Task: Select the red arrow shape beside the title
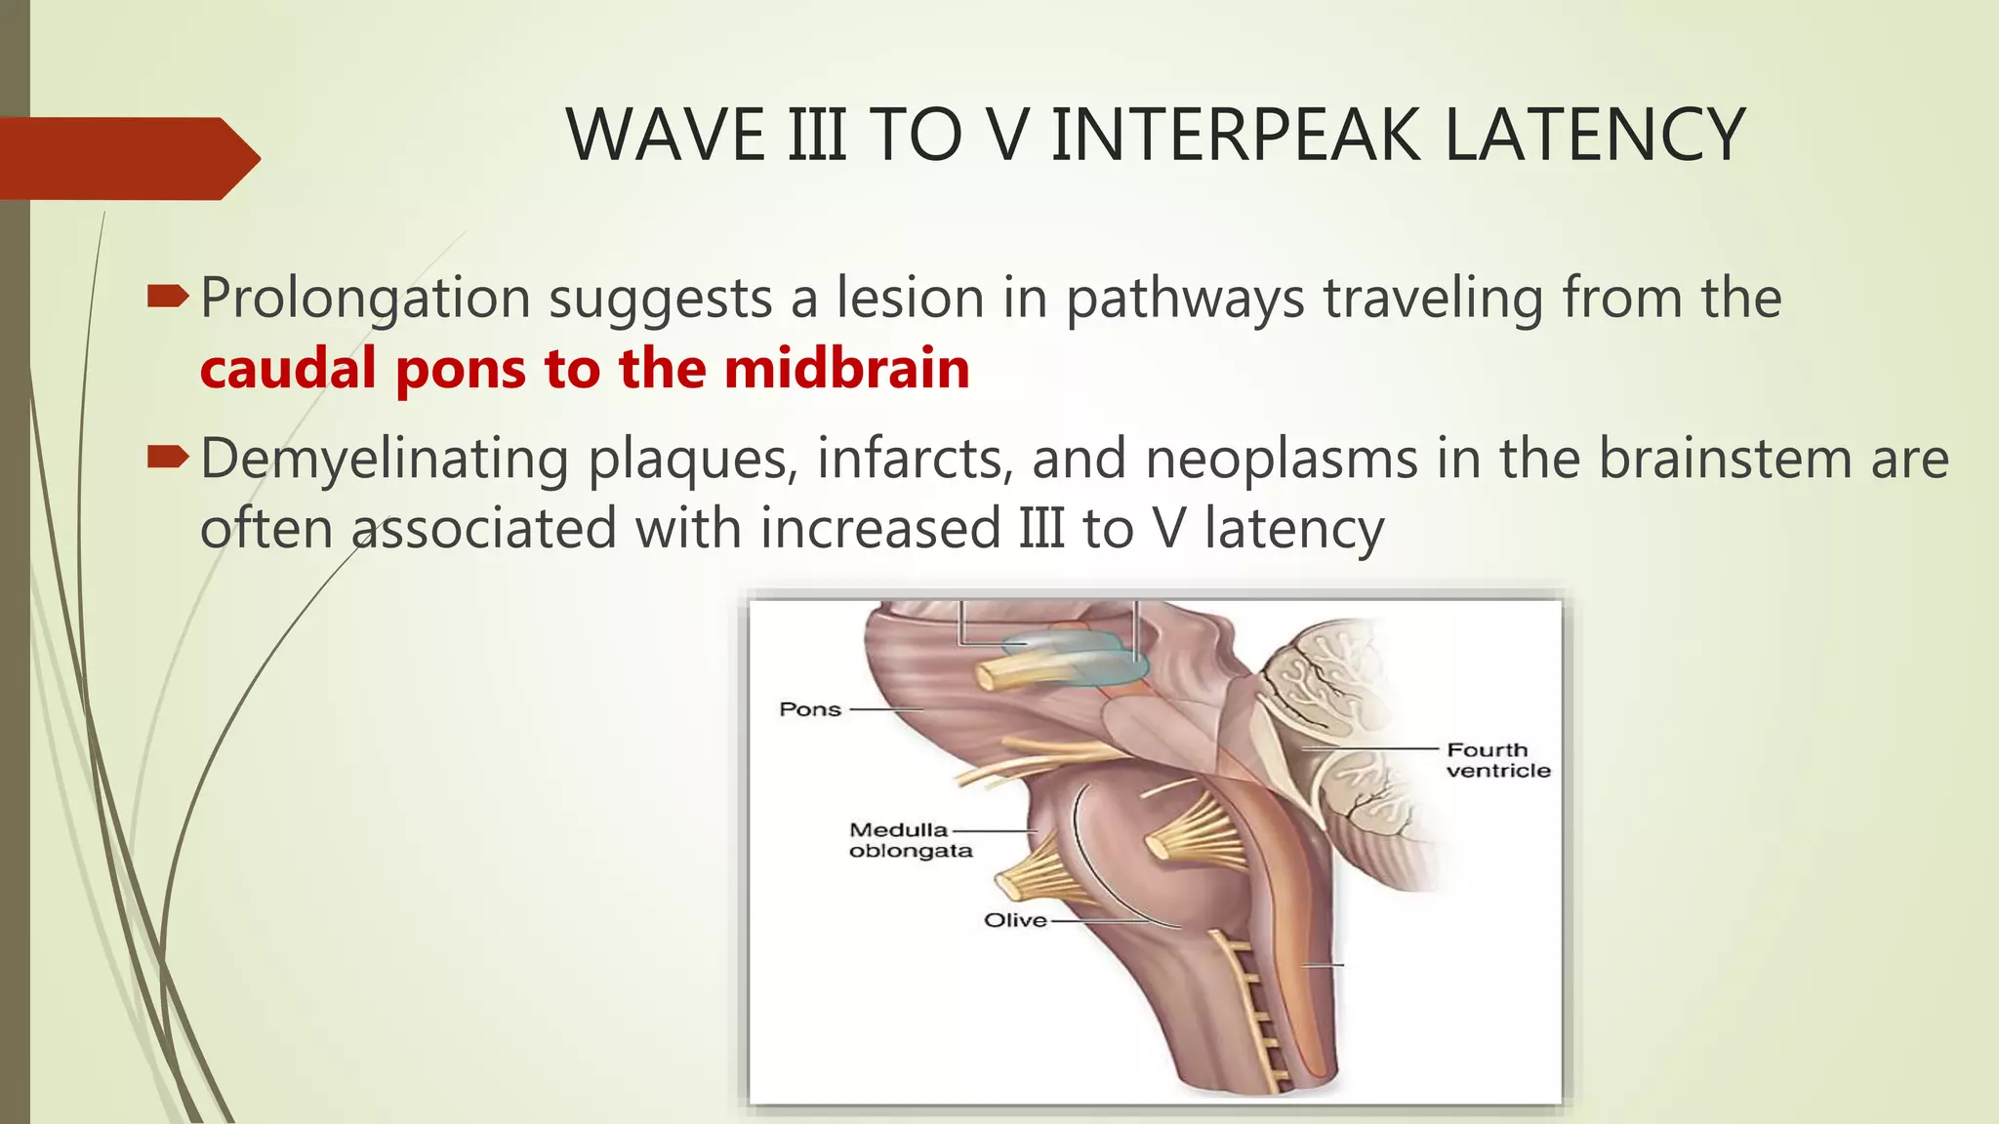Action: pos(127,158)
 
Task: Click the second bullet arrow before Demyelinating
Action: pos(167,456)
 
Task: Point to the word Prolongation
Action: pos(365,299)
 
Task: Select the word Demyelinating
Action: pos(385,460)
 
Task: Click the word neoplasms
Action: pos(1282,460)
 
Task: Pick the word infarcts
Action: pos(914,460)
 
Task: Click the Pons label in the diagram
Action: pos(810,709)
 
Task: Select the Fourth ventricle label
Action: pos(1497,760)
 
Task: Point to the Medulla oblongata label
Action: pos(910,840)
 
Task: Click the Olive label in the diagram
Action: pos(1015,920)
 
